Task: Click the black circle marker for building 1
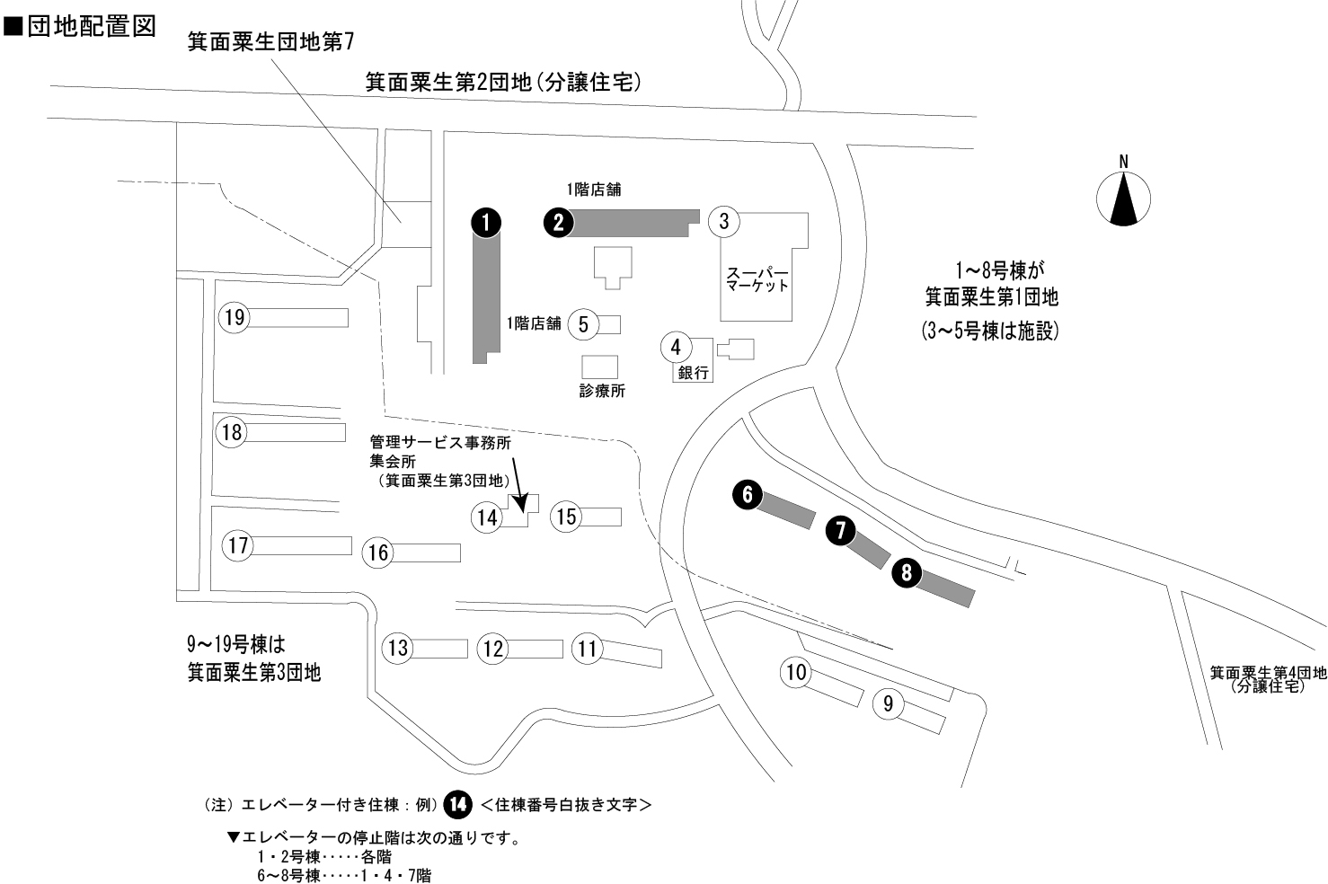[486, 222]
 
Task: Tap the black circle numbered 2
[559, 222]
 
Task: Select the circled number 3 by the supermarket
[725, 220]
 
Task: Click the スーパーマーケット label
[757, 279]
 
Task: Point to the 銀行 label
[694, 373]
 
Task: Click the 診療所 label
[602, 391]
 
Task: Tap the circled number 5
[584, 324]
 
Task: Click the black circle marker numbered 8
[907, 573]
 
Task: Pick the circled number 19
[235, 317]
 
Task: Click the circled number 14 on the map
[487, 517]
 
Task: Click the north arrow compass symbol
[1123, 198]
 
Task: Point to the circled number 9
[889, 703]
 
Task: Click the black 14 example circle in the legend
[458, 805]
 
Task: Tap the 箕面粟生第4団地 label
[1267, 673]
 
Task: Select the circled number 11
[588, 649]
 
